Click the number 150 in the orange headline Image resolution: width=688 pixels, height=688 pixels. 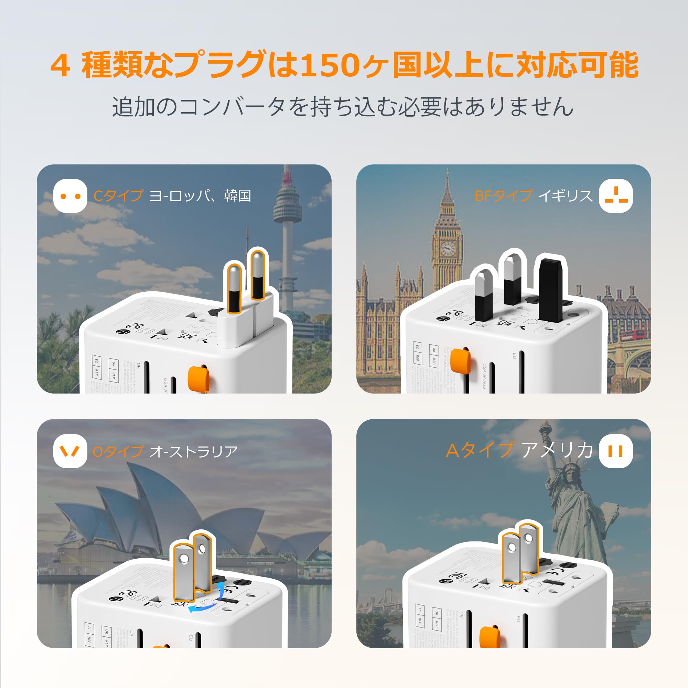(x=329, y=65)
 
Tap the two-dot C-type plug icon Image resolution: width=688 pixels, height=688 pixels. (x=70, y=196)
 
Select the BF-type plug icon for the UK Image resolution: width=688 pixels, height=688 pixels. (x=616, y=196)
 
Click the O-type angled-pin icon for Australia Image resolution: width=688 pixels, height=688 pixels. (x=70, y=451)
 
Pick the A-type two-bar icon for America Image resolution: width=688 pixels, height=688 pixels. (x=616, y=451)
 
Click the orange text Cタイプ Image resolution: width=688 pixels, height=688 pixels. (x=118, y=196)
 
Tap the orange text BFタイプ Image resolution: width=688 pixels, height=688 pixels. (x=503, y=196)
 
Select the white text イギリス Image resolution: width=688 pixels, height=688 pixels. (x=565, y=196)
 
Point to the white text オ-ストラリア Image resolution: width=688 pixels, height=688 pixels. (x=193, y=452)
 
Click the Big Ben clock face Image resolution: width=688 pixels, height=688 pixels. (x=448, y=249)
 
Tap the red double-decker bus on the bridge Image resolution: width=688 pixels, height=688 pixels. (x=633, y=334)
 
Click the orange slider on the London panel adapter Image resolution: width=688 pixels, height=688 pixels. (x=460, y=361)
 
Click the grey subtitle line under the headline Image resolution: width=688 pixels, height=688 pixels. (x=343, y=107)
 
